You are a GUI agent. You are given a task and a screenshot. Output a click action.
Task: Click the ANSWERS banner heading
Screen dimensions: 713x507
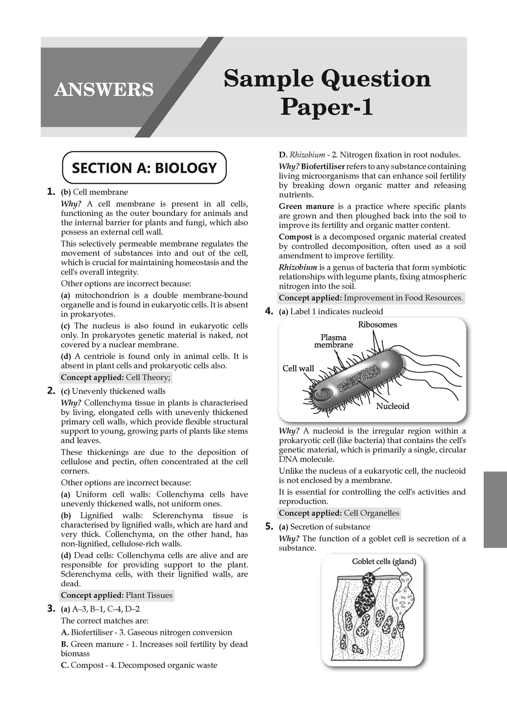coord(104,89)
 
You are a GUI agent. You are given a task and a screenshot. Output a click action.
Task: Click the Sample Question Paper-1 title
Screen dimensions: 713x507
coord(327,93)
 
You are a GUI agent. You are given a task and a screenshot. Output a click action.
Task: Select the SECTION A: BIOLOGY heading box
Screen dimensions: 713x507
coord(144,168)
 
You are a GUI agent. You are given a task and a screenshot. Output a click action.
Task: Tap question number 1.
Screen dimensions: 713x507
coord(51,192)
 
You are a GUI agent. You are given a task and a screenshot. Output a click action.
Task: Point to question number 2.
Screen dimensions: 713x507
coord(51,391)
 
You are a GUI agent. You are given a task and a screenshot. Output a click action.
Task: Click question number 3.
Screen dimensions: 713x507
coord(51,609)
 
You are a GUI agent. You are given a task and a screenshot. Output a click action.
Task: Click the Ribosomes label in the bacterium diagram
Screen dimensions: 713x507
coord(377,325)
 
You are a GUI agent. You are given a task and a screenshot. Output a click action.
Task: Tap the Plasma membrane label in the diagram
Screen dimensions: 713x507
coord(334,341)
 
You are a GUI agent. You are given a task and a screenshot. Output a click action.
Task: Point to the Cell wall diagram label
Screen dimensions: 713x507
coord(298,368)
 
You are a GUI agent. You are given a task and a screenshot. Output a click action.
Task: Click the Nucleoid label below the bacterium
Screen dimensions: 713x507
coord(393,406)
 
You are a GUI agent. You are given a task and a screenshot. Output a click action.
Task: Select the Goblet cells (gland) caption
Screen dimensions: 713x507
coord(384,561)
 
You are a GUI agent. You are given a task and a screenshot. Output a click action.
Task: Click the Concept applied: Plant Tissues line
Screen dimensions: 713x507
coord(117,595)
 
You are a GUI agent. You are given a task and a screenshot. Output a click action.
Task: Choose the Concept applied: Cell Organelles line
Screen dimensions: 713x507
coord(339,513)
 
